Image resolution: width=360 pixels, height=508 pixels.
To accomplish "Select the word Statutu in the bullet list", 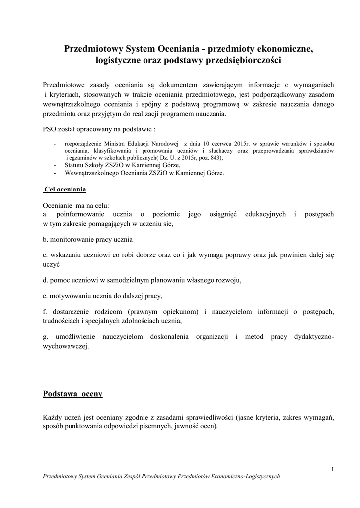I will (76, 165).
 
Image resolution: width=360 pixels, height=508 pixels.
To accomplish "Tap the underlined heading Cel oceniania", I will (65, 190).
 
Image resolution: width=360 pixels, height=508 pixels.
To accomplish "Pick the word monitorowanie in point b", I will (71, 239).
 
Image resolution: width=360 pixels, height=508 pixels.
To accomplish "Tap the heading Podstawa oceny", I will (72, 394).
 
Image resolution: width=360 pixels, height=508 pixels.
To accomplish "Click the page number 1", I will (332, 469).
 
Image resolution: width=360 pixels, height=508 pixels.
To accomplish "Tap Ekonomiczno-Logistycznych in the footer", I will (246, 476).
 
